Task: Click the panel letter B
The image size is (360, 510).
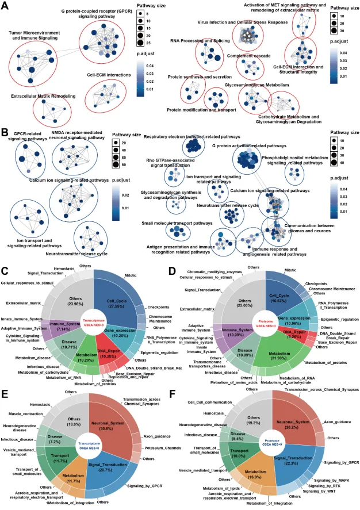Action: [5, 132]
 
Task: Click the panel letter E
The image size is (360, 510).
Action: [5, 378]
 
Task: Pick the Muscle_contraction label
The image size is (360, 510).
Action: [26, 413]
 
